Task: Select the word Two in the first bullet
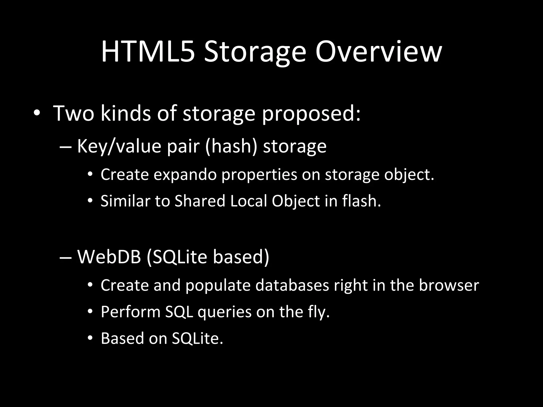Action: click(74, 113)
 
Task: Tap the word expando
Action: click(185, 175)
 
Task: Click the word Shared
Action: click(200, 201)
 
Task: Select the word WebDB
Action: click(109, 257)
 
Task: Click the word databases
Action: click(292, 285)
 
